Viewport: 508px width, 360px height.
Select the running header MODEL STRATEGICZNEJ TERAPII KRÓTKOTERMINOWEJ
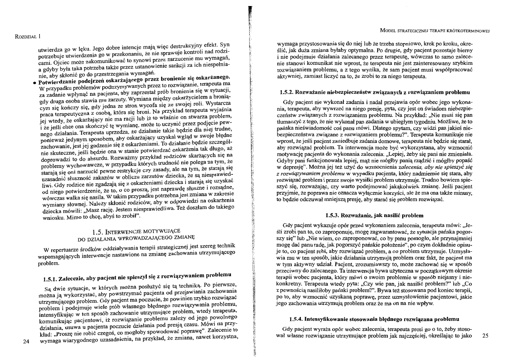pos(440,31)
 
